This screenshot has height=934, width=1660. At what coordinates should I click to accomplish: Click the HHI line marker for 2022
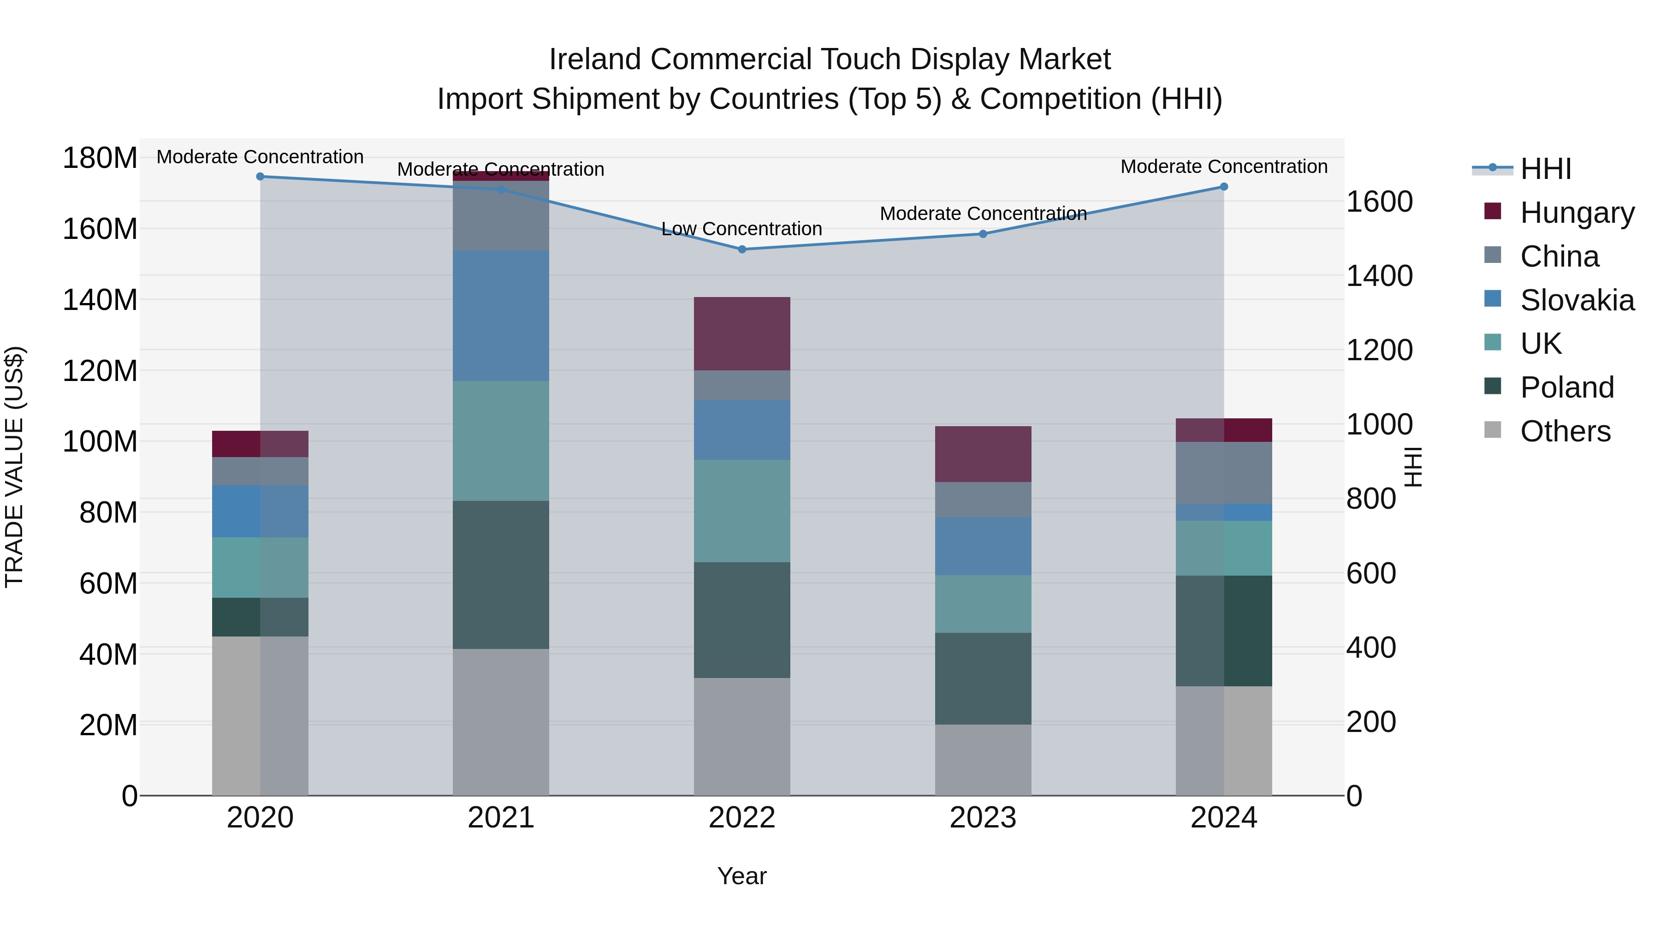coord(742,250)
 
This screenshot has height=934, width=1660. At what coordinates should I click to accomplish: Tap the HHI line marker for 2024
coord(1224,187)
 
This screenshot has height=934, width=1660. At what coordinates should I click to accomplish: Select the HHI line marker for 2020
coord(261,177)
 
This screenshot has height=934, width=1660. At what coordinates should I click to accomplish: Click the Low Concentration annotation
coord(742,229)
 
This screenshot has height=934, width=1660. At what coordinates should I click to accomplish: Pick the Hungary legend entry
coord(1576,213)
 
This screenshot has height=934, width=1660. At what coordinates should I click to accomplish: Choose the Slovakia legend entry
coord(1576,300)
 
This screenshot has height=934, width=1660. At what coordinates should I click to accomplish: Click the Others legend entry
coord(1565,431)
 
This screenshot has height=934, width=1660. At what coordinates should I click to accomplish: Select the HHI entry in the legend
coord(1545,169)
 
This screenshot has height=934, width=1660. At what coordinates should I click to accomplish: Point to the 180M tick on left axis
coord(100,158)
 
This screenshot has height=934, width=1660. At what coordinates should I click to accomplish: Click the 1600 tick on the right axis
coord(1380,202)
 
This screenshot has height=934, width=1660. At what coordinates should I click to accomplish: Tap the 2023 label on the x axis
coord(983,818)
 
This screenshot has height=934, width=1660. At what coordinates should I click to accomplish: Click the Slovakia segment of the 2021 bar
coord(501,316)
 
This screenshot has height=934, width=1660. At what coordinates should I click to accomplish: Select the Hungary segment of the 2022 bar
coord(742,333)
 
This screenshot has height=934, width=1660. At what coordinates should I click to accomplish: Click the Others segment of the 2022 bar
coord(742,736)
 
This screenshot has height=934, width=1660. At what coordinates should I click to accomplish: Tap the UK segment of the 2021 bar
coord(501,441)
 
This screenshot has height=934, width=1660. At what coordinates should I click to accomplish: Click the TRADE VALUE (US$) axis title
coord(14,467)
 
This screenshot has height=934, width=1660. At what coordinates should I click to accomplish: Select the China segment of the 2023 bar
coord(983,500)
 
